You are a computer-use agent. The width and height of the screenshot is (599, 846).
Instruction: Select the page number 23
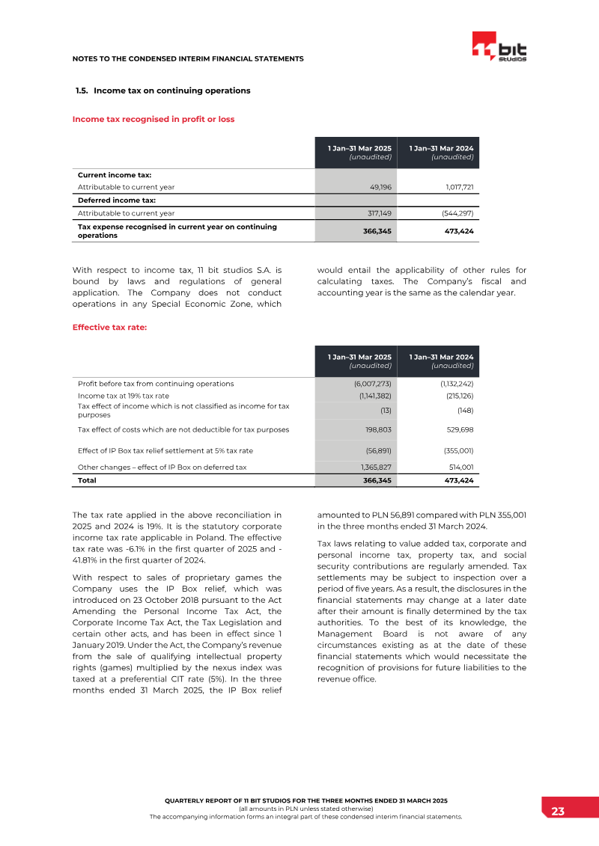pyautogui.click(x=558, y=812)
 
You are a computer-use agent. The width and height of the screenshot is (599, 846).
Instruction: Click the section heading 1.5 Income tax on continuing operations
pyautogui.click(x=162, y=91)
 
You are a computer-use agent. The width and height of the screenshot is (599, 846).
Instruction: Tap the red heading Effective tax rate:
pyautogui.click(x=109, y=327)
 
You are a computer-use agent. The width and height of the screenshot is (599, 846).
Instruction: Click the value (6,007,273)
pyautogui.click(x=373, y=384)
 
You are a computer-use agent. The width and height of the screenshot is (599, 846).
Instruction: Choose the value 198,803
pyautogui.click(x=378, y=430)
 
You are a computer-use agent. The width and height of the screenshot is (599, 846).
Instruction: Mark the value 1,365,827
pyautogui.click(x=376, y=468)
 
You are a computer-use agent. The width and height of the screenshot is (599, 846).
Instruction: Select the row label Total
pyautogui.click(x=87, y=480)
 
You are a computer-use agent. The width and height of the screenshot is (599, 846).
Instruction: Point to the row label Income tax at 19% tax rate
pyautogui.click(x=124, y=396)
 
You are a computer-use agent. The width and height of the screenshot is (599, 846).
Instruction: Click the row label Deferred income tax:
pyautogui.click(x=115, y=200)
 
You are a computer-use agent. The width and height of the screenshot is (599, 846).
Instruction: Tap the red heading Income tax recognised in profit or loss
pyautogui.click(x=153, y=119)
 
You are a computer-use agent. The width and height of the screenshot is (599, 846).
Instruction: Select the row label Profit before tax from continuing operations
pyautogui.click(x=156, y=384)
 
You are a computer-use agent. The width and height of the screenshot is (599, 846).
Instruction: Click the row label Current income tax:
pyautogui.click(x=115, y=175)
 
